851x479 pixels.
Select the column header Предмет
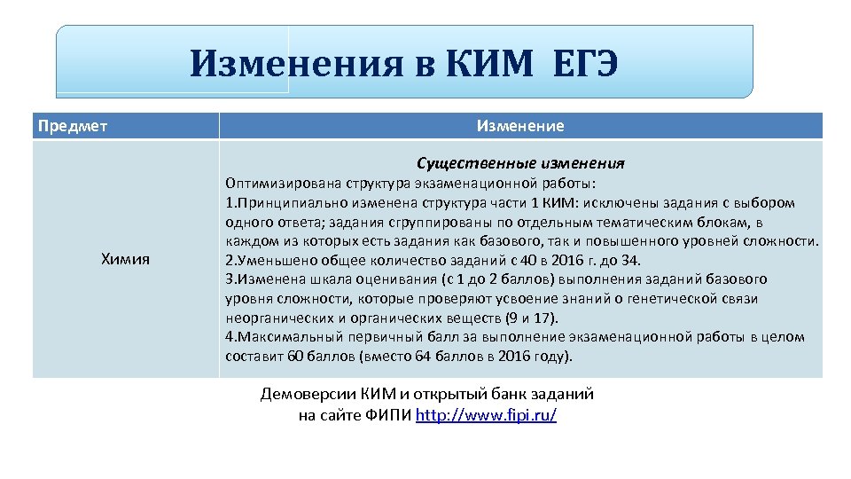point(73,126)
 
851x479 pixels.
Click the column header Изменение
point(519,126)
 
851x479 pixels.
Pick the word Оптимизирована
point(277,183)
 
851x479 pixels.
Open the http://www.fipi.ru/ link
point(486,415)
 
